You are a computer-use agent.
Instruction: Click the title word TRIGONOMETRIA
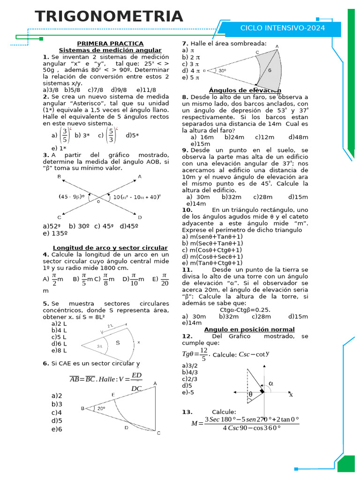click(109, 16)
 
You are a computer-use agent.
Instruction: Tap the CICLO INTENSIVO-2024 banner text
click(282, 28)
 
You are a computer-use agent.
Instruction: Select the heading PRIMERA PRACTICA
click(110, 44)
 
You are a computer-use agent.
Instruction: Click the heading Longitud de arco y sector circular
click(110, 247)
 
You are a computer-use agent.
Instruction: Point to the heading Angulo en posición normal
click(249, 330)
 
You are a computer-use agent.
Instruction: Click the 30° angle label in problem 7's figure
click(223, 71)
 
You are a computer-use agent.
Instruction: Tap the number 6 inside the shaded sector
click(270, 70)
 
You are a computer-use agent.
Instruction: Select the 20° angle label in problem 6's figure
click(101, 408)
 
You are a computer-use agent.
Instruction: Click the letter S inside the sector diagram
click(118, 343)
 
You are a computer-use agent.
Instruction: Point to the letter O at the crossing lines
click(98, 202)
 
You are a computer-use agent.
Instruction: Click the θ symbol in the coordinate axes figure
click(250, 395)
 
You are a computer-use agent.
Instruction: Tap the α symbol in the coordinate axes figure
click(270, 383)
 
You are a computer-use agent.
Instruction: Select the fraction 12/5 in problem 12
click(203, 354)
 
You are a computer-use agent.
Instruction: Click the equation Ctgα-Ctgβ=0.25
click(245, 309)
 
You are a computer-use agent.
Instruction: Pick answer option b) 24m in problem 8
click(234, 137)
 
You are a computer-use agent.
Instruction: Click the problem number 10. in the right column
click(187, 210)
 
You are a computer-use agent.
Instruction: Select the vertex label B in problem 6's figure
click(82, 408)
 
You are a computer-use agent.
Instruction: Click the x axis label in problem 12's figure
click(291, 395)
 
